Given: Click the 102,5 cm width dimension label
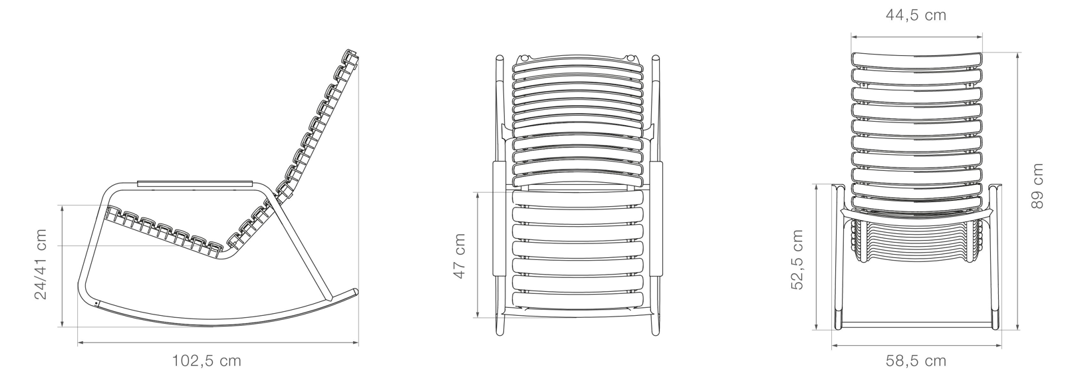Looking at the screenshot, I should click(207, 361).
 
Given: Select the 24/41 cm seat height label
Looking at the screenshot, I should click(41, 265).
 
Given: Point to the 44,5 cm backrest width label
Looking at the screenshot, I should click(916, 15).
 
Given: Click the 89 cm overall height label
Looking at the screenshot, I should click(1037, 187).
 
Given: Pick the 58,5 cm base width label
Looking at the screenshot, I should click(916, 361).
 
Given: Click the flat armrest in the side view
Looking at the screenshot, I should click(195, 182).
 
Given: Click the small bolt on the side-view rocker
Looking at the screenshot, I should click(97, 304).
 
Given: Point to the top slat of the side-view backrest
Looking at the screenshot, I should click(350, 57).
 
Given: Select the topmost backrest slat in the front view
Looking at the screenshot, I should click(916, 59).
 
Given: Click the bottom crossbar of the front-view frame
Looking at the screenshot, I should click(916, 325).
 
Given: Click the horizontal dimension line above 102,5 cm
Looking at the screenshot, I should click(218, 343).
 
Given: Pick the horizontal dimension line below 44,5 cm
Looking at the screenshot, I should click(916, 37).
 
